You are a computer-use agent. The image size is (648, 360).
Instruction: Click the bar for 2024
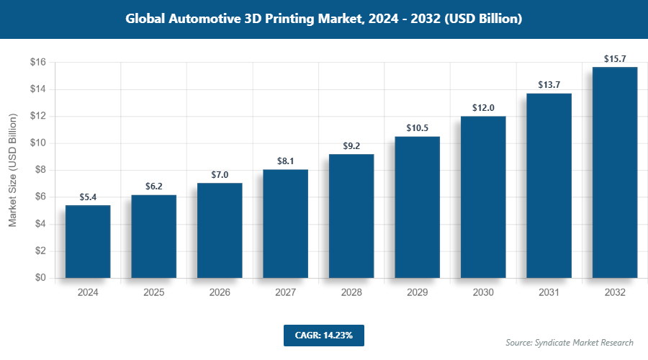(88, 241)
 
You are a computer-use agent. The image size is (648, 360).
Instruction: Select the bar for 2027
(285, 223)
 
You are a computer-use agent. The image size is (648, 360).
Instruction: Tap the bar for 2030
(483, 197)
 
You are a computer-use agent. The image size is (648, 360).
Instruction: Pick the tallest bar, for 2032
(615, 172)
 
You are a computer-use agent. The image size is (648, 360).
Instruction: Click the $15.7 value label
(615, 57)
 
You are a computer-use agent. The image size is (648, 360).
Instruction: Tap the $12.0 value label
(483, 107)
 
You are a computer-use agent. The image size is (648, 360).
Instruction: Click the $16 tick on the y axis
(38, 63)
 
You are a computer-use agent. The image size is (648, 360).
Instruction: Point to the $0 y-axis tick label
(40, 278)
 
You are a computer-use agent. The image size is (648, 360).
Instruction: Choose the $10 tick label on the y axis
(38, 143)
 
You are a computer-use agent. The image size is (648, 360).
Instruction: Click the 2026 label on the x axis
(220, 293)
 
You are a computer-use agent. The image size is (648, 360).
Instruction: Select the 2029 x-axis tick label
(417, 293)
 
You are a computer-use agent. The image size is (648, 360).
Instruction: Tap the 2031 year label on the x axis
(549, 293)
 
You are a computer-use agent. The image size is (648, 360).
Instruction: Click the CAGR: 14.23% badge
(324, 335)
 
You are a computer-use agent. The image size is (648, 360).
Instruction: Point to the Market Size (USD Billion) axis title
(12, 171)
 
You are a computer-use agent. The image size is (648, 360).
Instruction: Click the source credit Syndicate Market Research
(570, 342)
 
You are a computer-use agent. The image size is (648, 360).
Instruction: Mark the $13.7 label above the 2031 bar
(549, 84)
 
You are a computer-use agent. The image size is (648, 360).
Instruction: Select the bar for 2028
(351, 216)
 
